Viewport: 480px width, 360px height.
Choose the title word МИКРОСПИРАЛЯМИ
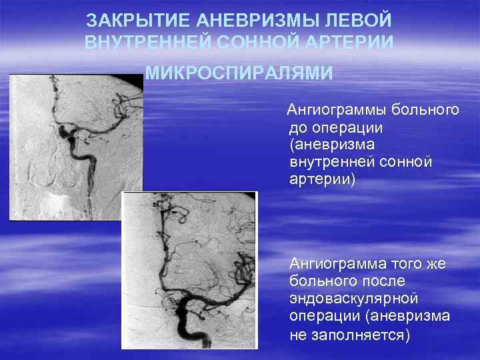click(239, 72)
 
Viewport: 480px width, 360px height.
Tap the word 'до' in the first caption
click(299, 127)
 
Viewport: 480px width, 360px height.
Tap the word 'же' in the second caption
click(437, 264)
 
